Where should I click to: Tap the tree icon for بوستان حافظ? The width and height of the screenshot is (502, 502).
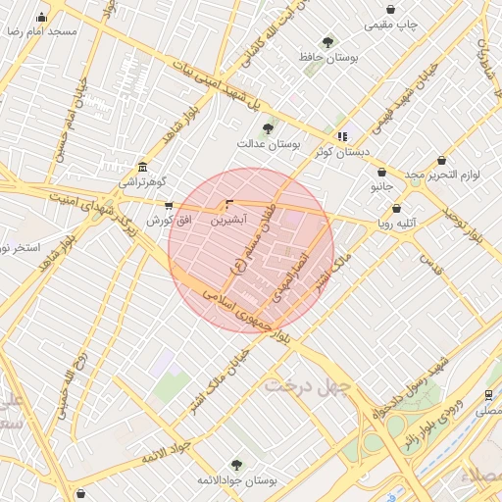tap(327, 42)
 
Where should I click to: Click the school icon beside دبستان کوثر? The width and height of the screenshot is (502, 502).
tap(341, 136)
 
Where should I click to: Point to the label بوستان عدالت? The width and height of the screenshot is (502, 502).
tap(267, 143)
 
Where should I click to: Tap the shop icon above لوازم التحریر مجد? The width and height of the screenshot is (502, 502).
tap(441, 160)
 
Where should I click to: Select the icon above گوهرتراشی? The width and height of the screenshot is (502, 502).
tap(143, 166)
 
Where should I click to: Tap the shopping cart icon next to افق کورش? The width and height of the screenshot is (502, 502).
tap(169, 206)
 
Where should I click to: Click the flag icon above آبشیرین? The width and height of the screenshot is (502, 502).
tap(229, 204)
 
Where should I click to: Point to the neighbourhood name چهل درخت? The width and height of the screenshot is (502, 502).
tap(306, 385)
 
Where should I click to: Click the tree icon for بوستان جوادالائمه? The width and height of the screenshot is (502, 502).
tap(235, 465)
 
